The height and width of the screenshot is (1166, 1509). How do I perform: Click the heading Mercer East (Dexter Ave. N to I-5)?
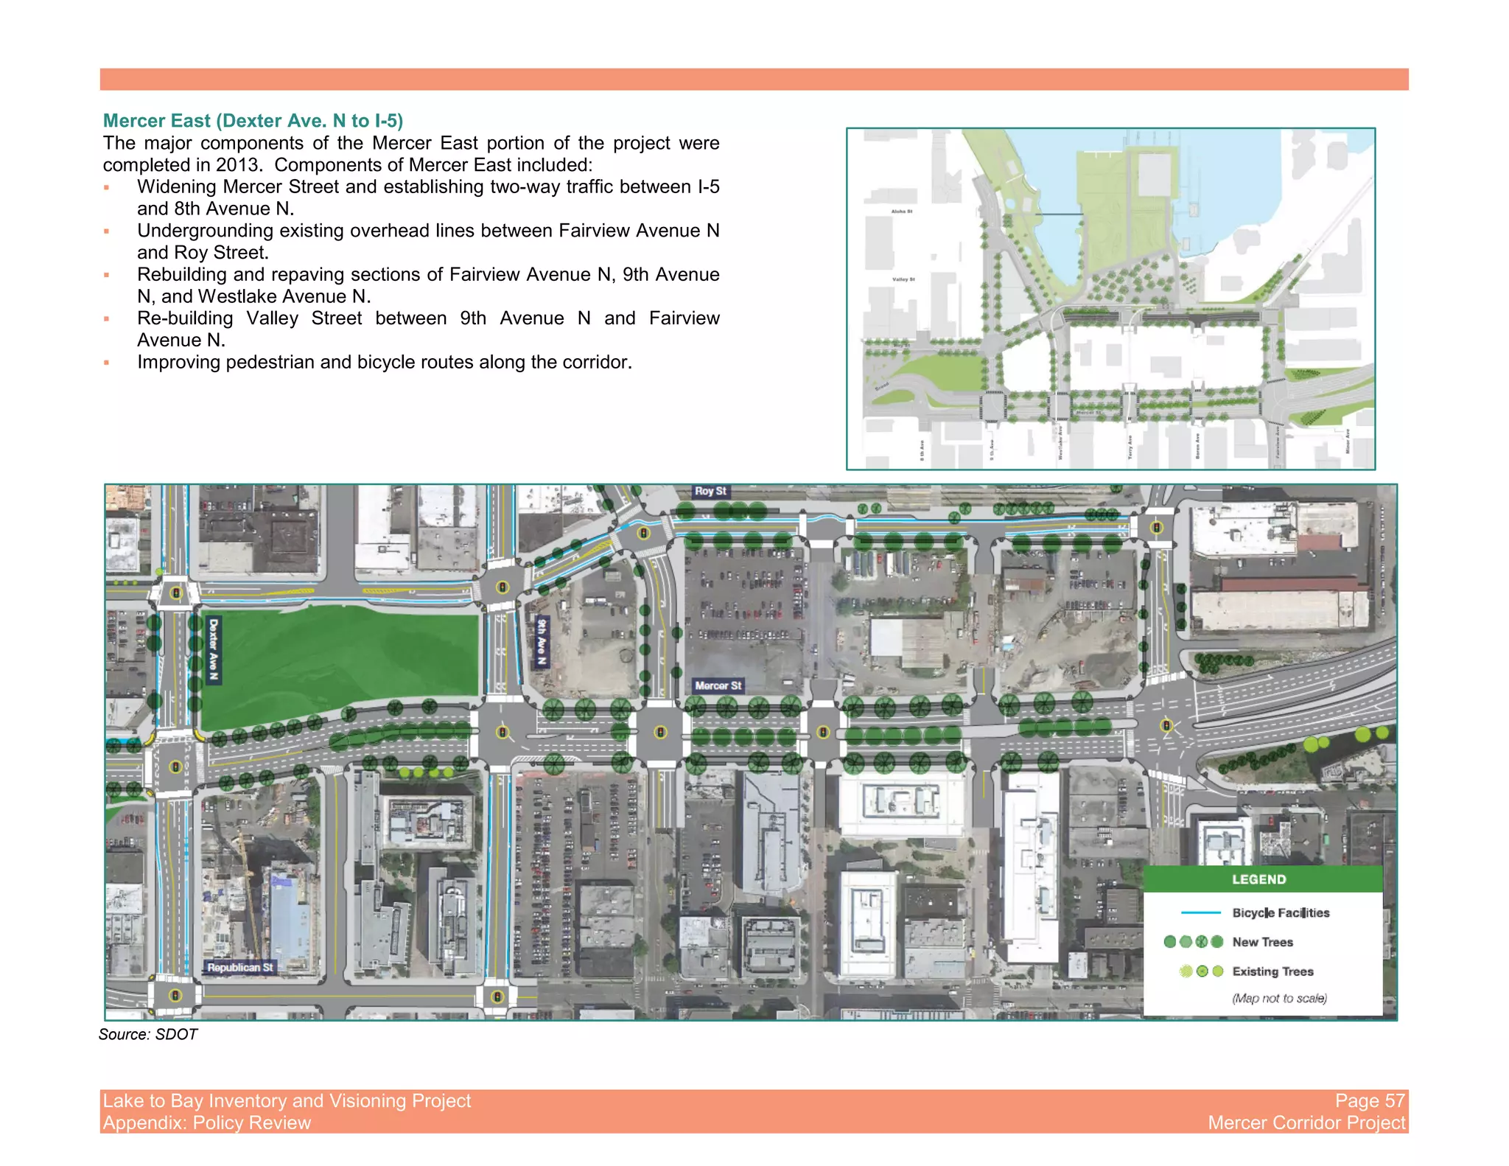coord(253,121)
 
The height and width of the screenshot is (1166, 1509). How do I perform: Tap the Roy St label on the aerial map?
coord(710,491)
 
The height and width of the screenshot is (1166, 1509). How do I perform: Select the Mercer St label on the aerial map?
coord(718,685)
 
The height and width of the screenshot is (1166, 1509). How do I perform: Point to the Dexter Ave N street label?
coord(214,649)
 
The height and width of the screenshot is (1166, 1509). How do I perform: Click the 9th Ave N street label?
coord(542,641)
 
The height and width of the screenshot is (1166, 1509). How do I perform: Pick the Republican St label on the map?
coord(239,967)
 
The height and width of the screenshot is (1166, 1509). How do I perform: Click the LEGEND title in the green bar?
coord(1258,879)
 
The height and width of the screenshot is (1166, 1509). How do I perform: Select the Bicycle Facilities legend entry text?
coord(1281,912)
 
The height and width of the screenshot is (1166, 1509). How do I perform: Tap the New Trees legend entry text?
coord(1262,942)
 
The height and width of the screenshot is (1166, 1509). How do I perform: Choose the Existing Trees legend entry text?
coord(1272,971)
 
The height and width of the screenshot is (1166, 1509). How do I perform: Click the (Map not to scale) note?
coord(1279,998)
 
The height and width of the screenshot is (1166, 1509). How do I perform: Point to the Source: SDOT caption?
coord(148,1034)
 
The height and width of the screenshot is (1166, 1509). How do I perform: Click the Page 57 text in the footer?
coord(1370,1100)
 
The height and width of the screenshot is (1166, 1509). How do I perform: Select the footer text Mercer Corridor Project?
coord(1306,1123)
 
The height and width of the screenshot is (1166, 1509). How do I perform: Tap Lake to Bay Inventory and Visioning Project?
coord(287,1100)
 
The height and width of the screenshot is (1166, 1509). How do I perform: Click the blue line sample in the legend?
coord(1200,912)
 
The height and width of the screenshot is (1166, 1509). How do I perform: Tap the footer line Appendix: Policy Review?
coord(207,1123)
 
